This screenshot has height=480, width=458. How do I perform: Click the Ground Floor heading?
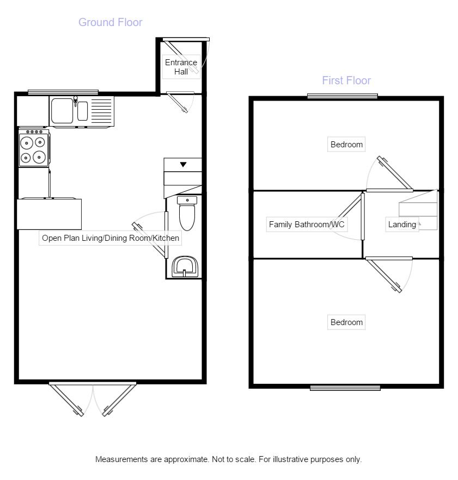[110, 22]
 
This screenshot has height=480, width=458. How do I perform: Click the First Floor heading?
[346, 80]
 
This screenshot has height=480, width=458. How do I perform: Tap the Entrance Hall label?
[181, 67]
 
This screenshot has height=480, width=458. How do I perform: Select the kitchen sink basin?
[62, 110]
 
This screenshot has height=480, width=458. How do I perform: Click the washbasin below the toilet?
[185, 267]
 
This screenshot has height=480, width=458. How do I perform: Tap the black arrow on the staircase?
[183, 164]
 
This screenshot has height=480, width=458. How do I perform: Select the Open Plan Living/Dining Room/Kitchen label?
[110, 238]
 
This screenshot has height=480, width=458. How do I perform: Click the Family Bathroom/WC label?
[307, 225]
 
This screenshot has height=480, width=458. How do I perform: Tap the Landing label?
[402, 225]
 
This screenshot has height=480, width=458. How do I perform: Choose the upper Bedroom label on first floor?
[346, 145]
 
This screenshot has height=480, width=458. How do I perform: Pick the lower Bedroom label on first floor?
[346, 322]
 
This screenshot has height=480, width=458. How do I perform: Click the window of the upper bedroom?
[342, 96]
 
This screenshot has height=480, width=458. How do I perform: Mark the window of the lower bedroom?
[345, 388]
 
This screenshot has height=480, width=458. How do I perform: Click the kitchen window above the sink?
[63, 92]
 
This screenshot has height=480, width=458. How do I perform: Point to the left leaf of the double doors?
[66, 399]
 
